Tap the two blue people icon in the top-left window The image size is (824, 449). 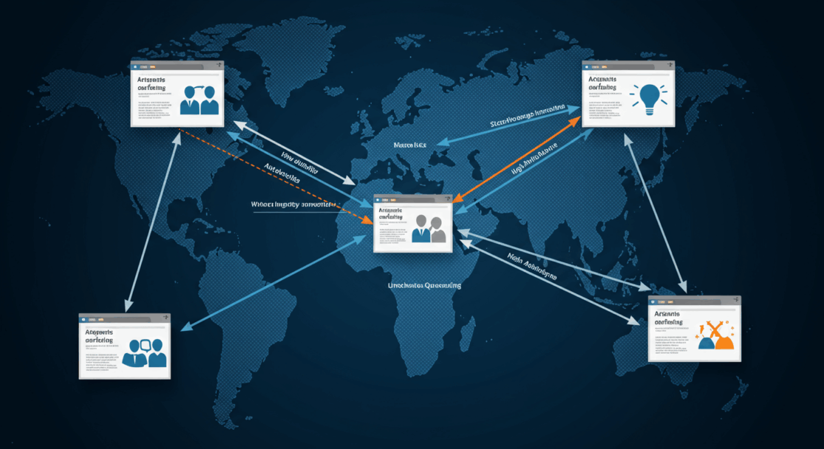click(x=200, y=100)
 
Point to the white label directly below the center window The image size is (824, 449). click(x=424, y=285)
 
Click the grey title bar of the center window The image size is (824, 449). click(x=412, y=199)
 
